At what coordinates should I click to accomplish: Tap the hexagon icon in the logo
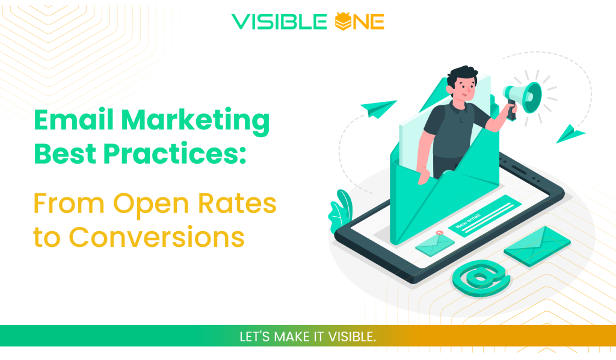click(342, 22)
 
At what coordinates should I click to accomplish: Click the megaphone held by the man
click(524, 96)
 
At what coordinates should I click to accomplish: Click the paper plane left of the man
click(379, 109)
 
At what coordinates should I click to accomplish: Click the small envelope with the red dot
click(434, 241)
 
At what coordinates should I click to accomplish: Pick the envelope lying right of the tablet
click(537, 246)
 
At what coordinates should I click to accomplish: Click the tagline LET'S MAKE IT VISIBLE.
click(307, 337)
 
